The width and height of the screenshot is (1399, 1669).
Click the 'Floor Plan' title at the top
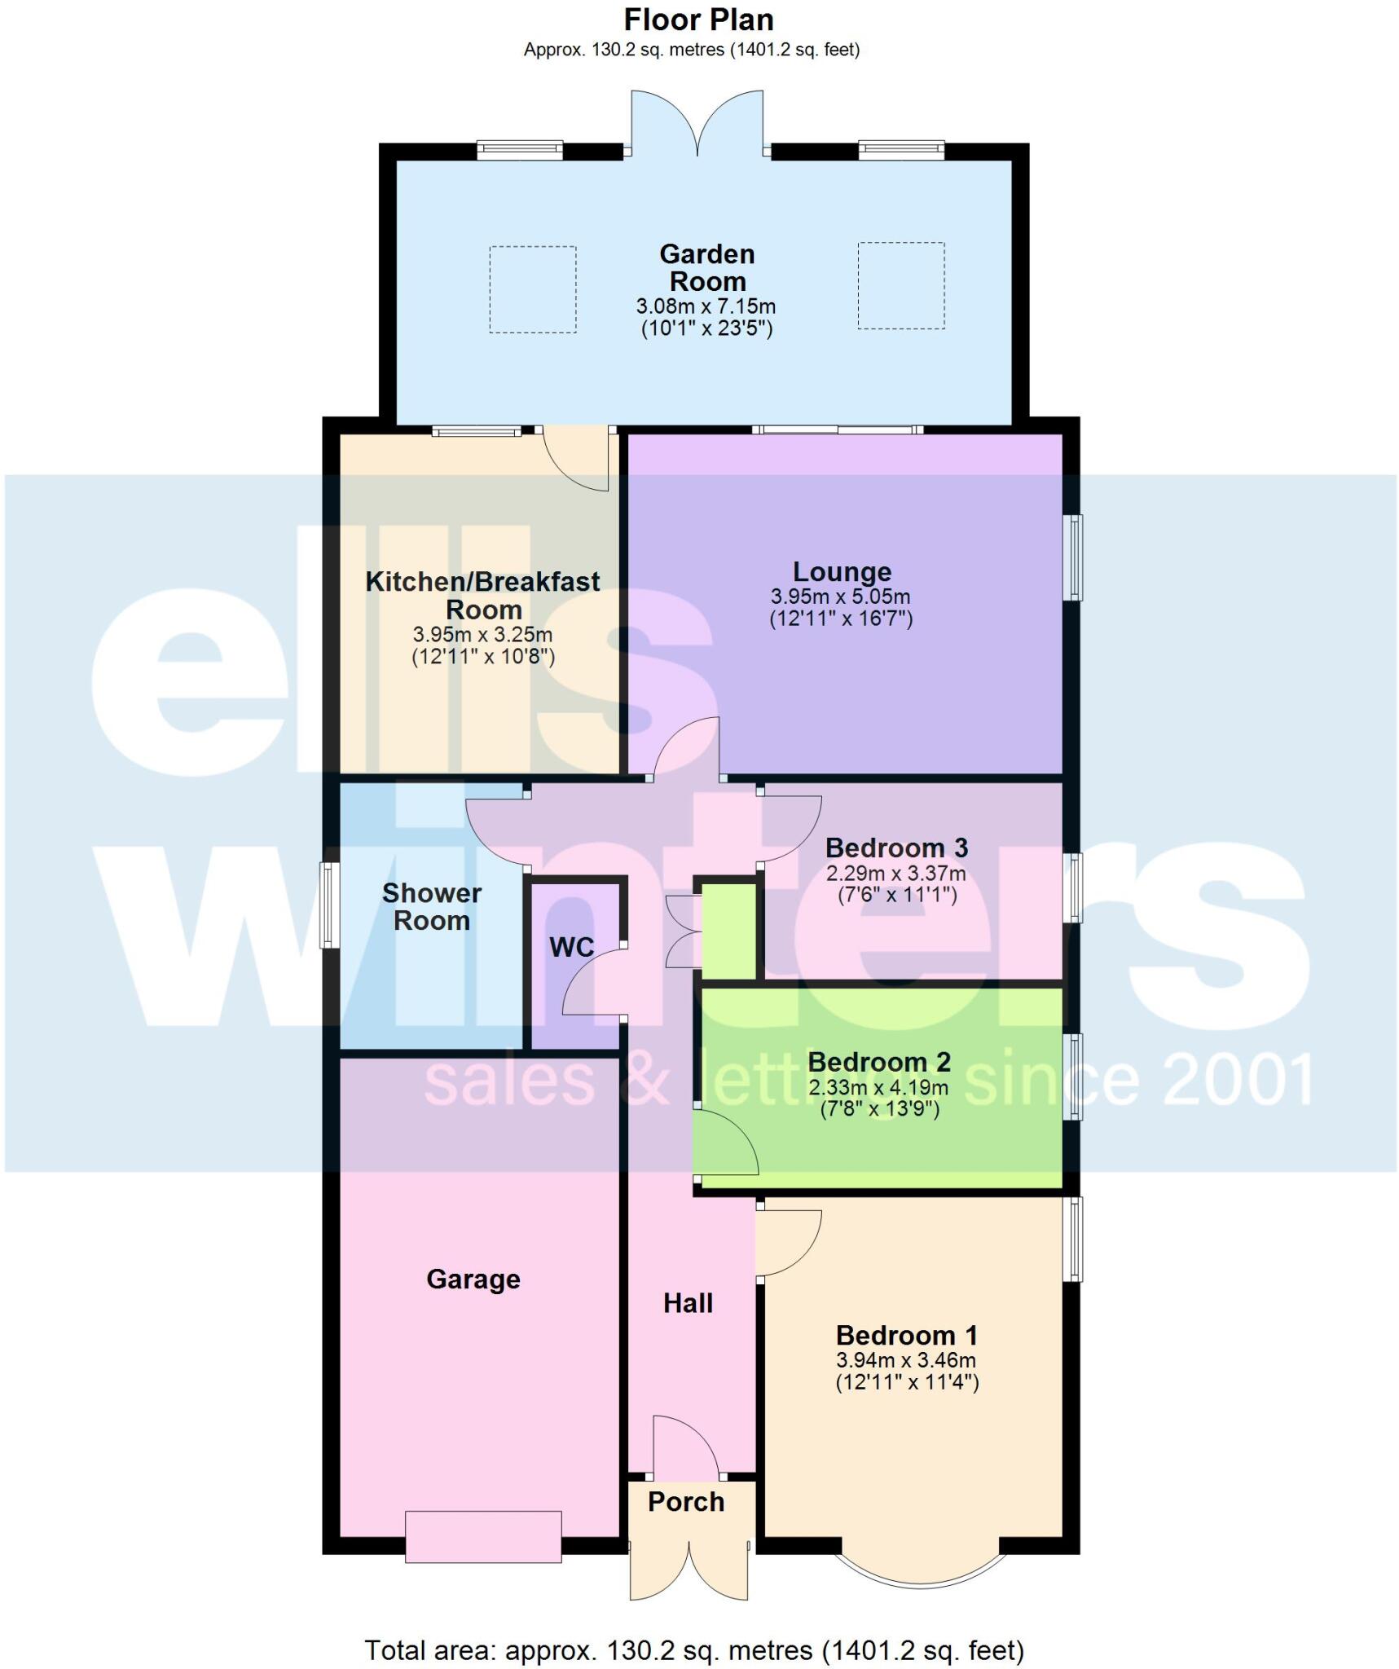pyautogui.click(x=698, y=20)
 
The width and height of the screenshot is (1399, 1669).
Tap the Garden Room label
pyautogui.click(x=706, y=267)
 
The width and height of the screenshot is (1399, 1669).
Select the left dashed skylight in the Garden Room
pyautogui.click(x=532, y=289)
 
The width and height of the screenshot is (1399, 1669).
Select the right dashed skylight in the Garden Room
pyautogui.click(x=900, y=286)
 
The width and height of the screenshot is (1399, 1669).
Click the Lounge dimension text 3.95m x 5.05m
pyautogui.click(x=840, y=597)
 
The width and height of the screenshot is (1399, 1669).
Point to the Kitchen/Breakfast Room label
pyautogui.click(x=482, y=595)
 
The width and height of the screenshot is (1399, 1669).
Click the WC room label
pyautogui.click(x=571, y=947)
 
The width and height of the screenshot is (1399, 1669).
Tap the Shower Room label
pyautogui.click(x=431, y=906)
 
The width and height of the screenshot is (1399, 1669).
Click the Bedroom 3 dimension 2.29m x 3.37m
pyautogui.click(x=895, y=874)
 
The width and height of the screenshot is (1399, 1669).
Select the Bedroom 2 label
pyautogui.click(x=878, y=1062)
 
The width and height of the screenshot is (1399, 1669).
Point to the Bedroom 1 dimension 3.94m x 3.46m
pyautogui.click(x=905, y=1359)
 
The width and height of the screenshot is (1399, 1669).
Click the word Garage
pyautogui.click(x=473, y=1279)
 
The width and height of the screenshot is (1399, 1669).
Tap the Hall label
pyautogui.click(x=688, y=1303)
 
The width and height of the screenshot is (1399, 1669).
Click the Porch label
pyautogui.click(x=685, y=1501)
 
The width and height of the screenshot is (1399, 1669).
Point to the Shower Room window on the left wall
pyautogui.click(x=329, y=905)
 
